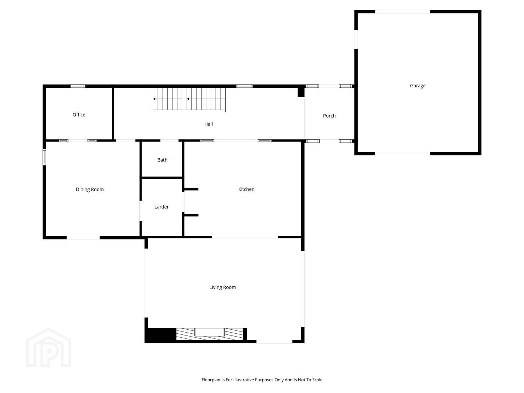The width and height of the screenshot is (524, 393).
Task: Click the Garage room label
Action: pos(417,86)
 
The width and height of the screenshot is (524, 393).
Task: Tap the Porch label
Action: pos(329,116)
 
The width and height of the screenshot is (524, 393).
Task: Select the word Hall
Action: pos(209,124)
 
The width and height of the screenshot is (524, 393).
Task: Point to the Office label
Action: pos(79,115)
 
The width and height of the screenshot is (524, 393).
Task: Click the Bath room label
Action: pos(162,160)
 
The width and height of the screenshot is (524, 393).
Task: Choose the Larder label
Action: pos(162,207)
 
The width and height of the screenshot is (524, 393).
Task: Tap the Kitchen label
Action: pos(246,189)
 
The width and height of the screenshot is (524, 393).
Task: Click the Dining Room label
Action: pos(90,190)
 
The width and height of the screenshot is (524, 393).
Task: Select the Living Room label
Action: pos(222,287)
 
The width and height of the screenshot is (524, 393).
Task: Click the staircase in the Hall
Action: pos(189,99)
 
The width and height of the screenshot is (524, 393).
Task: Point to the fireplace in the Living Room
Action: pos(210,334)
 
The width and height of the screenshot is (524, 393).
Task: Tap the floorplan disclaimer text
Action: pos(262,380)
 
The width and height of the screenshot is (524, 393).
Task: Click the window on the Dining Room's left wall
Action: pos(44,157)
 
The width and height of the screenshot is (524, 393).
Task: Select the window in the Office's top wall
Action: pos(78,86)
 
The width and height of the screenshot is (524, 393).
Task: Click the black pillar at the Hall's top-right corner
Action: pos(301,92)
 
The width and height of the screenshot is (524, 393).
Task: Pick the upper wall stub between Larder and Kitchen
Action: pos(191,189)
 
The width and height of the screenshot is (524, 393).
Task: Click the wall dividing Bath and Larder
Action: pos(162,178)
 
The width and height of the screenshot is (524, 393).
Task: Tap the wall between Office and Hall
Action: pos(113,113)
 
